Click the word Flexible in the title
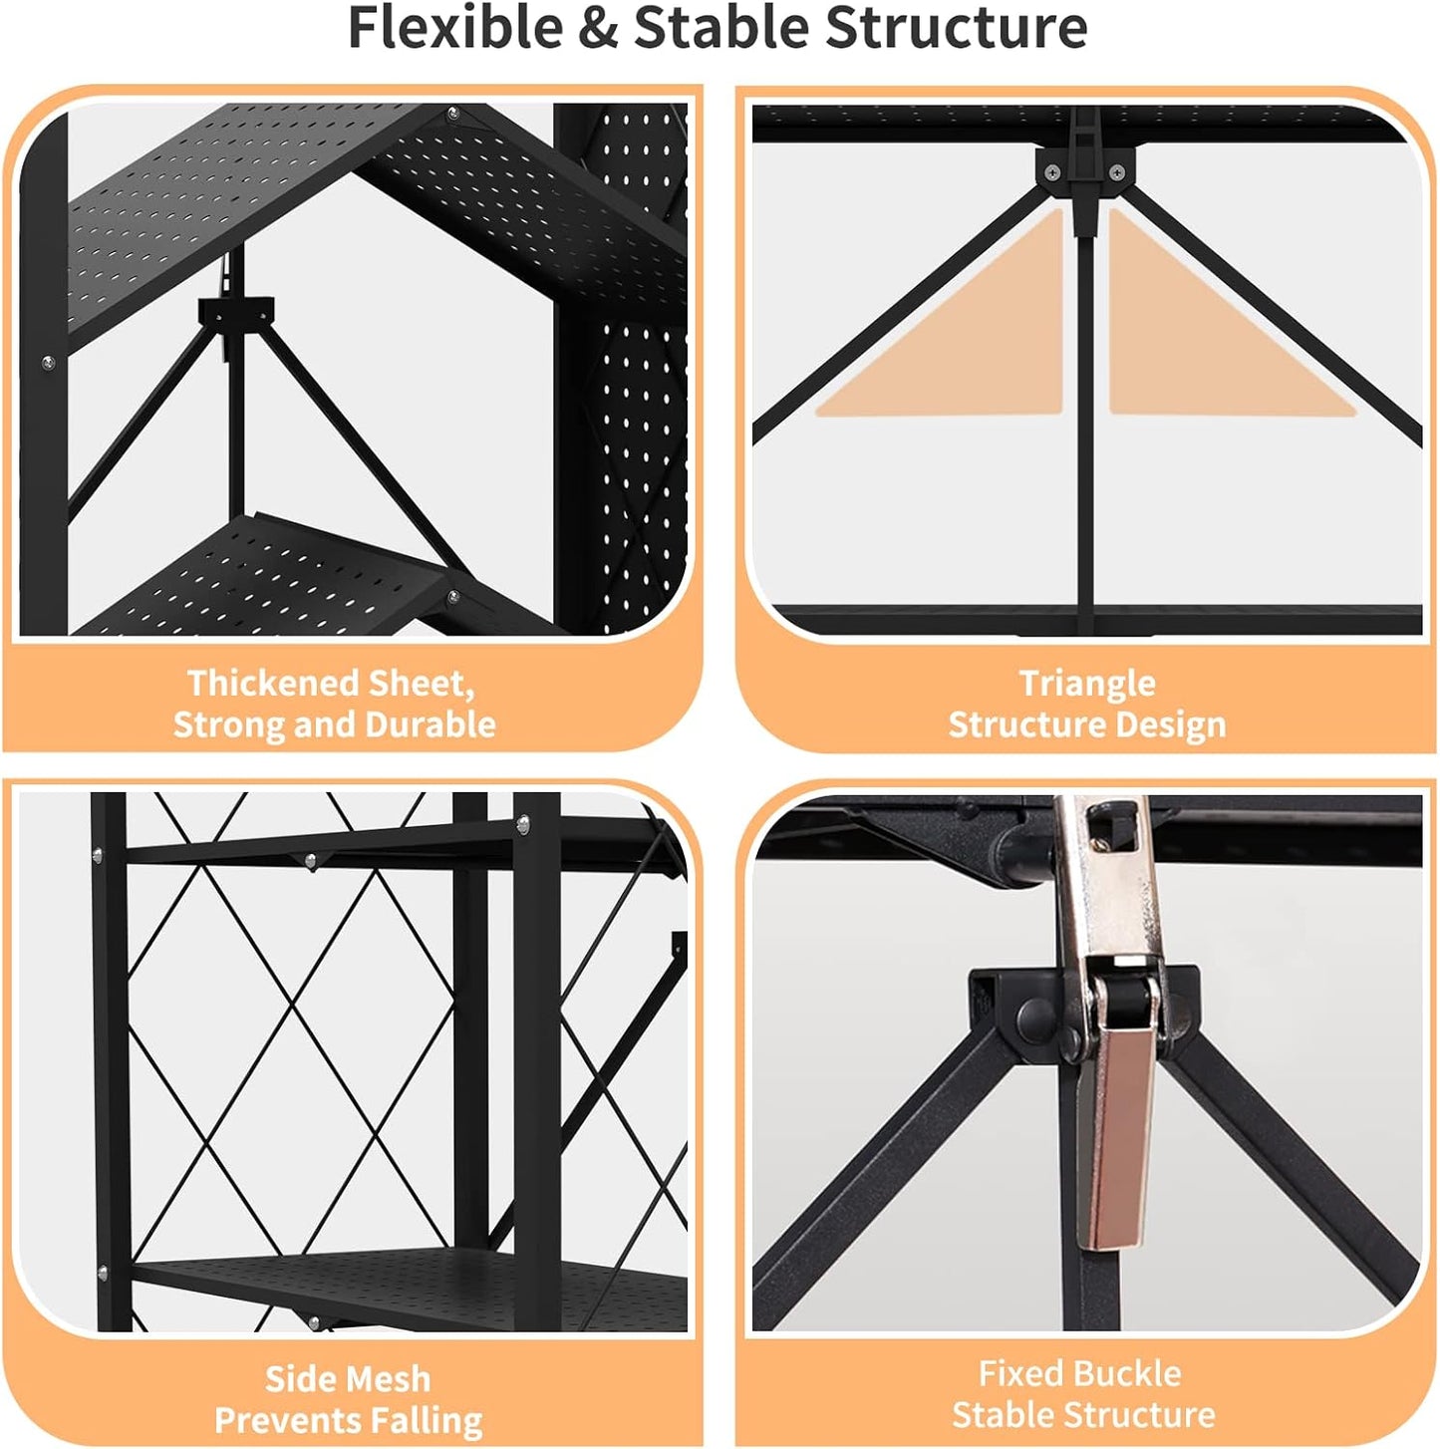pyautogui.click(x=455, y=28)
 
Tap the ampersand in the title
pyautogui.click(x=598, y=29)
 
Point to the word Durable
pyautogui.click(x=431, y=724)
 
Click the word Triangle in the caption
pyautogui.click(x=1087, y=685)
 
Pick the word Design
pyautogui.click(x=1171, y=725)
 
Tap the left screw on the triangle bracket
pyautogui.click(x=1052, y=172)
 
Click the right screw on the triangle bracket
pyautogui.click(x=1117, y=172)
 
